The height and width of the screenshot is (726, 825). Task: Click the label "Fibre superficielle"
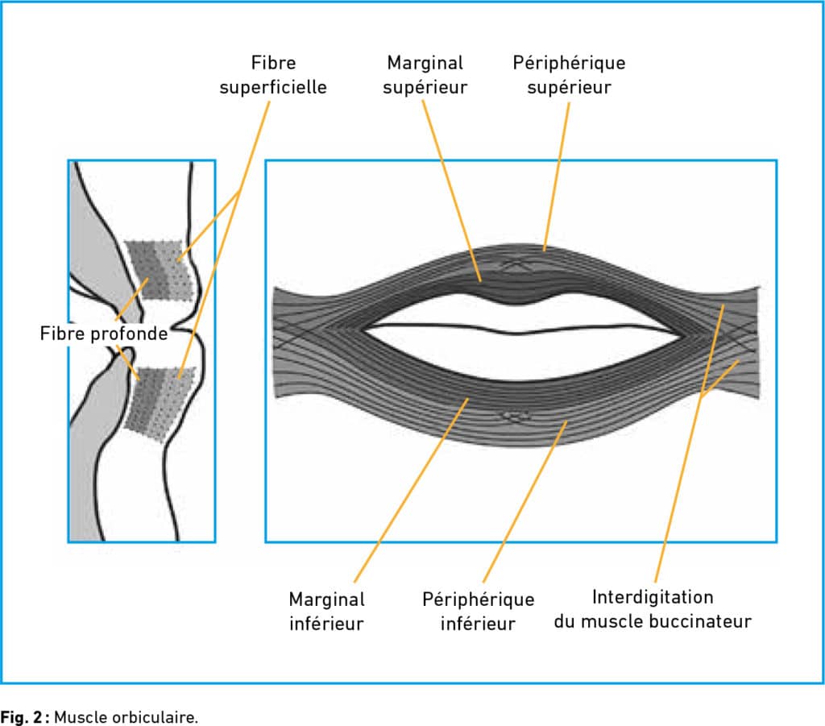point(273,74)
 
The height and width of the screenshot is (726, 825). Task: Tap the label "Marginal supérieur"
point(425,74)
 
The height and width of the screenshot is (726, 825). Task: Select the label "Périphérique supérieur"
point(569,74)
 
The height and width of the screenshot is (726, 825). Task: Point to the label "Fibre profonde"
point(104,333)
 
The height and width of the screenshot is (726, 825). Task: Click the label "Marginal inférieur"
point(326,611)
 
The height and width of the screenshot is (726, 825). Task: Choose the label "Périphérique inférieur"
point(478,611)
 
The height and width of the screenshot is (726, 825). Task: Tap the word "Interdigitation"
point(653,597)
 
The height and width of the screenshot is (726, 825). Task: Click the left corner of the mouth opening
point(367,329)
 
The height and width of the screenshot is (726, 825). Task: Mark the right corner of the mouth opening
point(682,333)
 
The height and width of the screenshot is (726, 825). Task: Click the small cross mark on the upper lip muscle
point(513,261)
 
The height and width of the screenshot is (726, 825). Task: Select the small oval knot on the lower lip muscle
point(512,416)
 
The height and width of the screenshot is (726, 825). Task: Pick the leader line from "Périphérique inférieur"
point(524,504)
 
